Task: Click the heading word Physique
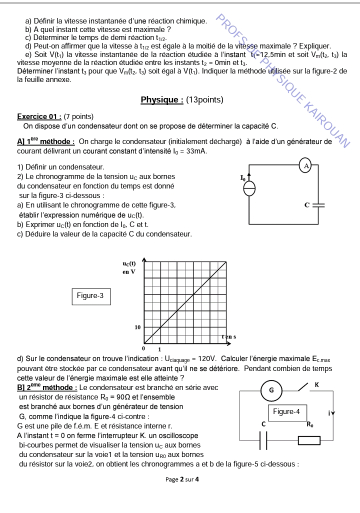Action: [161, 100]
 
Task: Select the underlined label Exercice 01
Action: [39, 116]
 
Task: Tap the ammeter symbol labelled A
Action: [305, 165]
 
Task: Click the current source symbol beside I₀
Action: [248, 188]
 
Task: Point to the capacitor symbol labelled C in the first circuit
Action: [318, 205]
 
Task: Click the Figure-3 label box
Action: [90, 296]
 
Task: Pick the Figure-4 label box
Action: [286, 412]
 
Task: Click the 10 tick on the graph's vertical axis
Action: [137, 327]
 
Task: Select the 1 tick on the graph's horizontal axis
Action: [160, 348]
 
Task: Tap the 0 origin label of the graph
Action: [143, 347]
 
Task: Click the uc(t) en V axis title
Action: [129, 267]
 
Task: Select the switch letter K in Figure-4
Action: [316, 384]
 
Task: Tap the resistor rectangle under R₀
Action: [309, 440]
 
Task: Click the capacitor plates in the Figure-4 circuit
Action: [263, 440]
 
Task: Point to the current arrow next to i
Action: [333, 413]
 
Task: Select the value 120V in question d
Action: [206, 358]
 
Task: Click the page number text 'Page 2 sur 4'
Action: [182, 479]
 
